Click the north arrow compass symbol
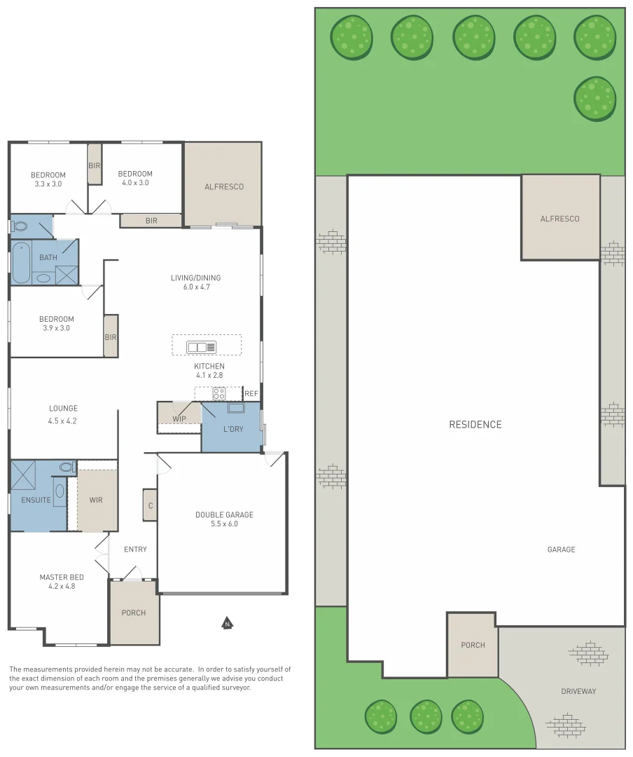(x=226, y=622)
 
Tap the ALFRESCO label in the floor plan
(x=224, y=186)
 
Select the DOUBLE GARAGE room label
(x=224, y=514)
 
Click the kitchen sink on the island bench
(x=202, y=347)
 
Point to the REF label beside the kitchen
(x=251, y=394)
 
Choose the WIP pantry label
(x=179, y=419)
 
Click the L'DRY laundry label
(x=233, y=428)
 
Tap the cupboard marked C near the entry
(x=150, y=505)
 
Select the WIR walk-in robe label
(x=97, y=500)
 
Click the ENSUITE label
(x=36, y=500)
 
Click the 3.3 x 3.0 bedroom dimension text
(x=48, y=184)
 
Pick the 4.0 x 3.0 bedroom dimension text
(x=135, y=183)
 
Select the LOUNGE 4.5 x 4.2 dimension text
(x=63, y=421)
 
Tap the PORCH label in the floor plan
(x=134, y=613)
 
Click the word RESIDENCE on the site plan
(x=475, y=424)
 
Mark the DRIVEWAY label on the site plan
(x=578, y=691)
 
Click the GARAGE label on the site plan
(x=561, y=550)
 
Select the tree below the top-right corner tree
(x=594, y=98)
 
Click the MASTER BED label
(x=62, y=577)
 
